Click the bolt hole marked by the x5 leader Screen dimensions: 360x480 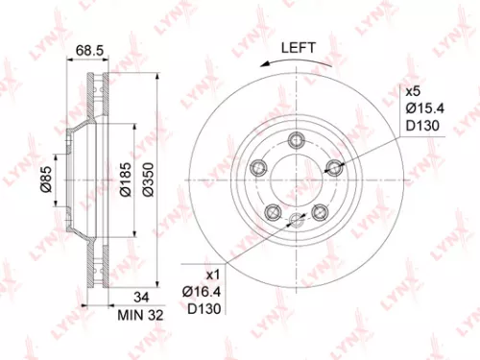pyautogui.click(x=334, y=169)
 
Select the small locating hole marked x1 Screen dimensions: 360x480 pyautogui.click(x=294, y=219)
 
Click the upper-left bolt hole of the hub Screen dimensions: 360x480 pyautogui.click(x=256, y=167)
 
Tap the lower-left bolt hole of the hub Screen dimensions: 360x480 pyautogui.click(x=272, y=213)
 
